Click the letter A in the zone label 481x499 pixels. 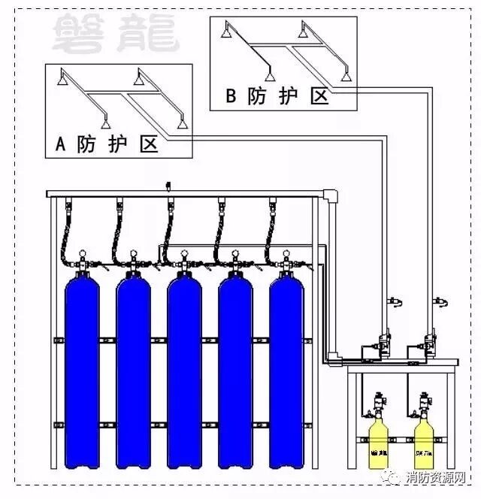pos(62,145)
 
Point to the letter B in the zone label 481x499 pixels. pos(231,96)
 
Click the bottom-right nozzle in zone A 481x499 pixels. pos(181,122)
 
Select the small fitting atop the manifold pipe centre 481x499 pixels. pos(168,185)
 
